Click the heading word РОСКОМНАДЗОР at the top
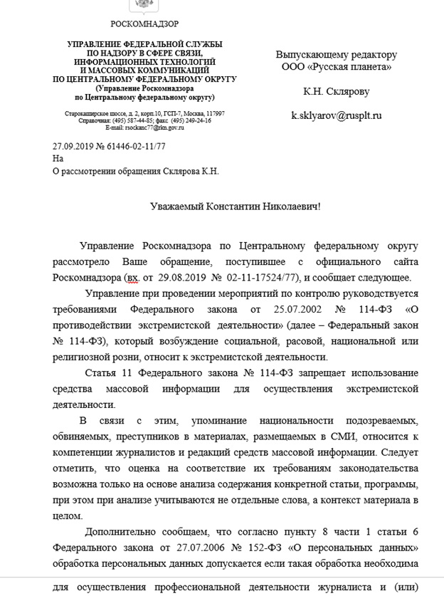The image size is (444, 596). (x=144, y=23)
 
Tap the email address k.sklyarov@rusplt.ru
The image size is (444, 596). (x=337, y=114)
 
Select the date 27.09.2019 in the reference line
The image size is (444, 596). (x=74, y=146)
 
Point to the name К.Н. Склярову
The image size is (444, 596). (x=337, y=90)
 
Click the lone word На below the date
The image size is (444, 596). (x=58, y=158)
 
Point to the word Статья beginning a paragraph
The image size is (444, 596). (x=100, y=374)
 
